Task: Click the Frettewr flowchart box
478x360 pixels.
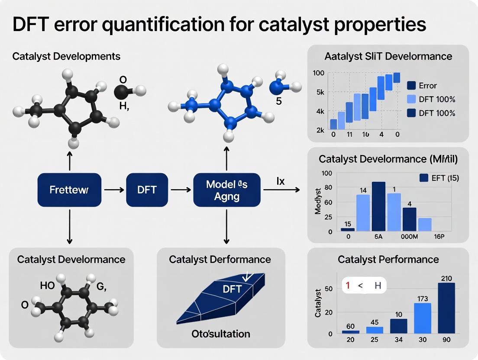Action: pos(69,190)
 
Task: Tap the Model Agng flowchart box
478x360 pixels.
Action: pos(227,190)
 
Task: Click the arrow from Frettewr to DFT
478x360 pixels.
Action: pos(114,190)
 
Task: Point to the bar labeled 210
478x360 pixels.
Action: pos(446,308)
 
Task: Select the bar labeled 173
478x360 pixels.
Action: pos(423,318)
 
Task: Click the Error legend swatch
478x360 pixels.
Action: pos(411,85)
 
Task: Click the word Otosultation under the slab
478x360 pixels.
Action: pos(221,334)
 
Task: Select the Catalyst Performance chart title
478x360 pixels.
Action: pos(388,260)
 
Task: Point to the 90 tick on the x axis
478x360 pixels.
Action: pos(446,340)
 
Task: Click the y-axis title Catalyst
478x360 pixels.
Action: pos(318,302)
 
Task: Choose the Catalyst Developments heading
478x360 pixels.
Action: pos(66,56)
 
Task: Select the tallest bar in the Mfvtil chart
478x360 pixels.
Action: pos(378,206)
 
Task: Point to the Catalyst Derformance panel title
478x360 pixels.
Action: pos(220,260)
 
